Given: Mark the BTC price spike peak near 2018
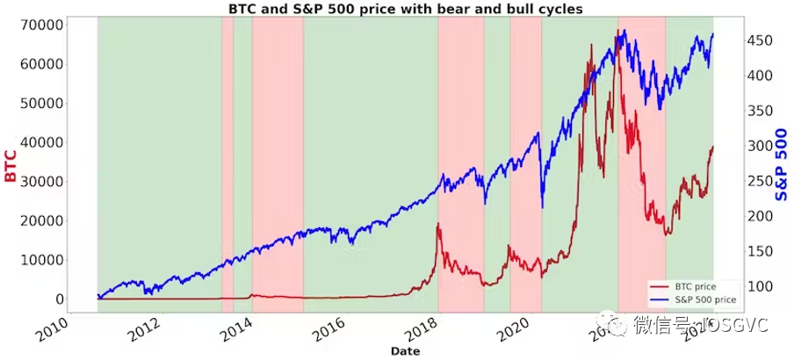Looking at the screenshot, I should point(437,225).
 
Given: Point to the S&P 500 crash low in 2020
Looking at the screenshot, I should point(542,207).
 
